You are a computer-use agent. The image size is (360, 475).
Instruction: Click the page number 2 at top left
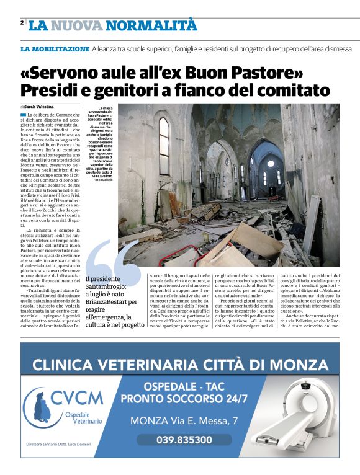click(22, 22)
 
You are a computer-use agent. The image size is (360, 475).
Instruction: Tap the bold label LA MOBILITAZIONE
click(55, 48)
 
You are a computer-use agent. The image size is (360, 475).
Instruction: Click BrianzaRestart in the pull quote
click(112, 302)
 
